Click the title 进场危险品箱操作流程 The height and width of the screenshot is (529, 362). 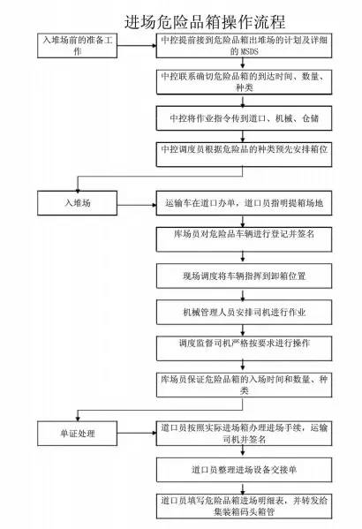[205, 21]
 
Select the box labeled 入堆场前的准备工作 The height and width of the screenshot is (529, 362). [78, 46]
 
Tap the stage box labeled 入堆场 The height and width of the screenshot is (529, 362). [78, 203]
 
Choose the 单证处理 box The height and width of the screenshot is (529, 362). [78, 434]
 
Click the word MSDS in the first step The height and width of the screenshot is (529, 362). [249, 51]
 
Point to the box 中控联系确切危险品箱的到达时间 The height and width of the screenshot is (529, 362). [244, 82]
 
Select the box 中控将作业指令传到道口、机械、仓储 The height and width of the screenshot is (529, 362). [244, 118]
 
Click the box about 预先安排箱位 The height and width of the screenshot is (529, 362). [244, 155]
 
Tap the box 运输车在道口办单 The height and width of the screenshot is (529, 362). [244, 203]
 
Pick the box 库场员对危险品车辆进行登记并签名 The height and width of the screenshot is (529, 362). [244, 239]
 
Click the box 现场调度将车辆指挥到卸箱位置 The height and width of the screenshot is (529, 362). [244, 276]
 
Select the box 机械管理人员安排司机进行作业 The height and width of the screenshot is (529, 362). [244, 312]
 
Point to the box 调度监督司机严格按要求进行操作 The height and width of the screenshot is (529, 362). [244, 349]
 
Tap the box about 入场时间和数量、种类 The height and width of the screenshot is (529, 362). [244, 385]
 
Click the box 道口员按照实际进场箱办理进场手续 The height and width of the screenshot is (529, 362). [244, 434]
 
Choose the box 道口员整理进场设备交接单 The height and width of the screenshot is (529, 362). [244, 470]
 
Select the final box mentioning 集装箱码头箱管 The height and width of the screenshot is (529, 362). [244, 506]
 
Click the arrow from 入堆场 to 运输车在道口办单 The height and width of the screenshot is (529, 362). [137, 205]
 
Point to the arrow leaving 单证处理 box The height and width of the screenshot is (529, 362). [137, 434]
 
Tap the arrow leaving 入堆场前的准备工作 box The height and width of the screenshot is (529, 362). [137, 46]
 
